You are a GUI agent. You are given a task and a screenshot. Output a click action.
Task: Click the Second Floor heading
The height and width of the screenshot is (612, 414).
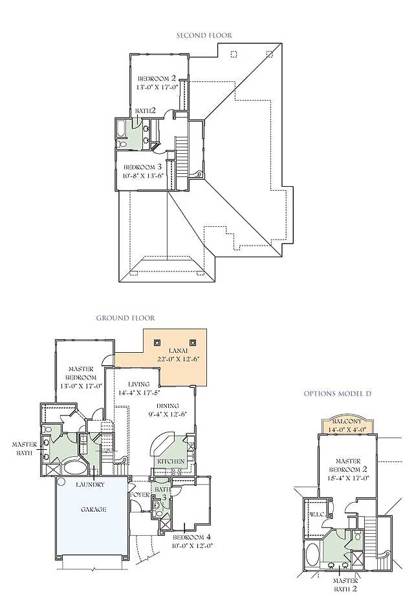pyautogui.click(x=204, y=36)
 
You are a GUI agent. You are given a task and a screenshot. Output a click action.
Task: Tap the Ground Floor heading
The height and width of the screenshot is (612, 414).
pyautogui.click(x=125, y=318)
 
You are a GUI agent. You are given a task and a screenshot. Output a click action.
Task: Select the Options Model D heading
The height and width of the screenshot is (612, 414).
pyautogui.click(x=338, y=394)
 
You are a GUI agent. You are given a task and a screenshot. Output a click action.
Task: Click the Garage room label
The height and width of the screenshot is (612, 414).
pyautogui.click(x=93, y=509)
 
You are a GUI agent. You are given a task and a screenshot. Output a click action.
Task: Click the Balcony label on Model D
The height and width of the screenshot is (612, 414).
pyautogui.click(x=347, y=422)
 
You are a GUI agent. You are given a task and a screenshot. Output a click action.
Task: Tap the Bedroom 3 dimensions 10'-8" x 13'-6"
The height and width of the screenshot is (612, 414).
pyautogui.click(x=142, y=176)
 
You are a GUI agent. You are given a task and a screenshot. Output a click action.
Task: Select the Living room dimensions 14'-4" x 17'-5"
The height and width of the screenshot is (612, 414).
pyautogui.click(x=139, y=392)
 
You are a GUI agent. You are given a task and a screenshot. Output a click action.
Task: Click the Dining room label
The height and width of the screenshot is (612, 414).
pyautogui.click(x=168, y=406)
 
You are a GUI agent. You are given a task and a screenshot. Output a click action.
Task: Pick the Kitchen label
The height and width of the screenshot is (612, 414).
pyautogui.click(x=171, y=461)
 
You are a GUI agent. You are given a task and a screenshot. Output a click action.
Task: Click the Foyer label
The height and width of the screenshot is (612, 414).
pyautogui.click(x=140, y=495)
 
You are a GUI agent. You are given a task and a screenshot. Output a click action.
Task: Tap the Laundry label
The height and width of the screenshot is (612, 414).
pyautogui.click(x=90, y=485)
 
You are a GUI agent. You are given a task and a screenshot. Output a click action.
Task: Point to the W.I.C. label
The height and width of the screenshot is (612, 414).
pyautogui.click(x=317, y=514)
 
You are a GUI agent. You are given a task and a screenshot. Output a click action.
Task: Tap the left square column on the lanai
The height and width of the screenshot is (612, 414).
pyautogui.click(x=157, y=343)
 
